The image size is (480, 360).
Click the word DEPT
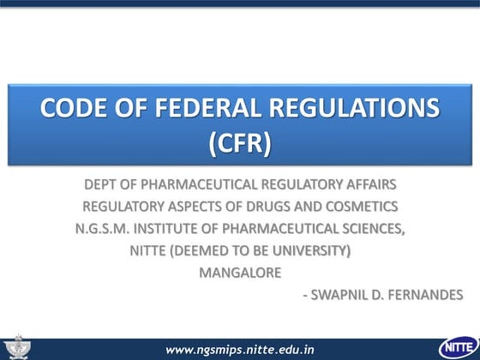pyautogui.click(x=101, y=184)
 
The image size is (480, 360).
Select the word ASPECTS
pyautogui.click(x=197, y=207)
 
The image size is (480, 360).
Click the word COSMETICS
pyautogui.click(x=363, y=207)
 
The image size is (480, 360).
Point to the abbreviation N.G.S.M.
pyautogui.click(x=107, y=229)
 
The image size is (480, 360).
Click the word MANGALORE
pyautogui.click(x=240, y=273)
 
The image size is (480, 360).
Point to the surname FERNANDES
pyautogui.click(x=423, y=296)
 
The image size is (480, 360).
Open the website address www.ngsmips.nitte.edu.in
pyautogui.click(x=240, y=350)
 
